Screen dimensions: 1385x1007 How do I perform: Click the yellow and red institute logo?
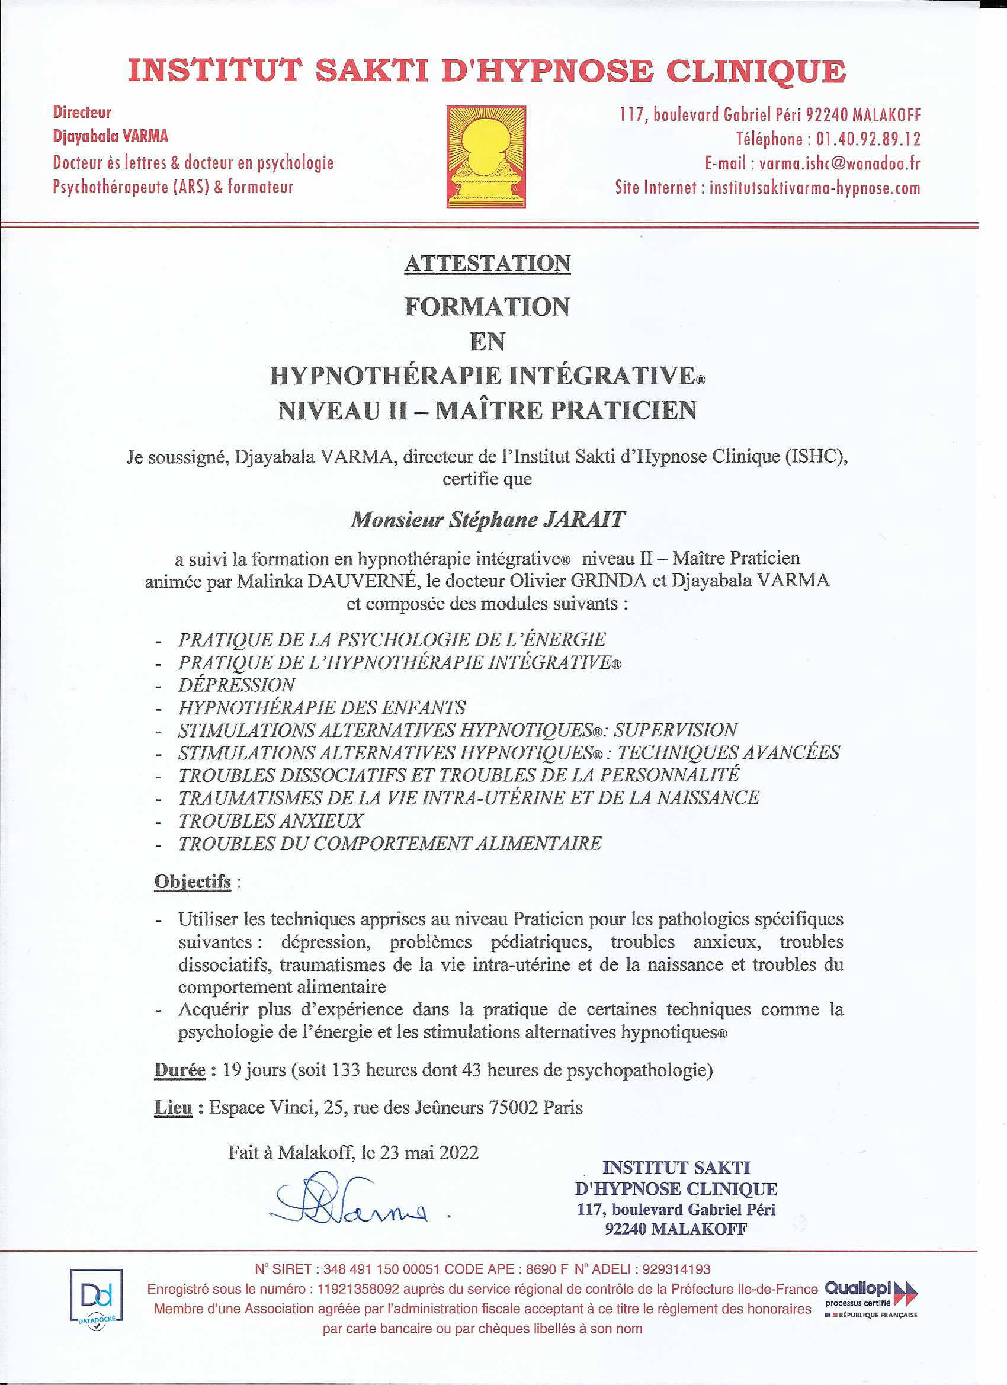[x=486, y=156]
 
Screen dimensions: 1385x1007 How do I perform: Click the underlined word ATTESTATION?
[x=488, y=264]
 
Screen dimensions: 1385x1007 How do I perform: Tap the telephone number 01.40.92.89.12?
[x=868, y=139]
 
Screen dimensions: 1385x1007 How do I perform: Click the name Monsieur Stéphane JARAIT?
[x=488, y=520]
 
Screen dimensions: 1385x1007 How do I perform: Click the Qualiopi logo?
[x=870, y=1298]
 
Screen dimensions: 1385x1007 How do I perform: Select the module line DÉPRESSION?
[x=237, y=685]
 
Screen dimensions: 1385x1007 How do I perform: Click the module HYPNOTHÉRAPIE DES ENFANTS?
[x=322, y=708]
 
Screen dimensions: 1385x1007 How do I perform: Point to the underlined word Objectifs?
[x=193, y=882]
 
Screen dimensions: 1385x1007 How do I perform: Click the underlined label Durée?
[x=179, y=1070]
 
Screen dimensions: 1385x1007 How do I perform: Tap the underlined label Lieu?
[x=174, y=1108]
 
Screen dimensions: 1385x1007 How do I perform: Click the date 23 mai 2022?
[x=429, y=1153]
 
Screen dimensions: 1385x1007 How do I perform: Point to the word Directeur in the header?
[x=82, y=113]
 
